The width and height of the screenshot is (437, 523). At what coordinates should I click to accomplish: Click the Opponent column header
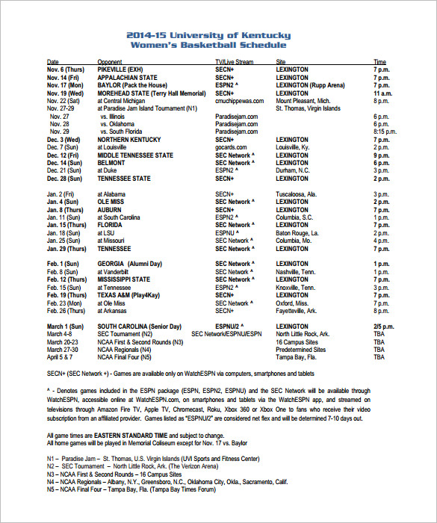(110, 61)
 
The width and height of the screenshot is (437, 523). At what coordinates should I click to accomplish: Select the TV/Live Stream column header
(235, 61)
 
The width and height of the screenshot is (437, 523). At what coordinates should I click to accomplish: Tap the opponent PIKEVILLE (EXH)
(123, 69)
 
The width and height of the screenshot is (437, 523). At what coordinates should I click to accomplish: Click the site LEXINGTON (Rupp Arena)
(311, 85)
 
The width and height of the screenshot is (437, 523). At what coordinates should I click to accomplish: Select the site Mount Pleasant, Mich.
(303, 100)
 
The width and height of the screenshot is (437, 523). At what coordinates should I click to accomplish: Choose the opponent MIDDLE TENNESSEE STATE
(135, 155)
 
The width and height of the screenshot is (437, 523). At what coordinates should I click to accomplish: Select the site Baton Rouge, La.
(297, 233)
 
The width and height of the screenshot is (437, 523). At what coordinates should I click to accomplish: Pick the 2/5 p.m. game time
(383, 327)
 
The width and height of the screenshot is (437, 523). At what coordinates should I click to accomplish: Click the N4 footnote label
(51, 482)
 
